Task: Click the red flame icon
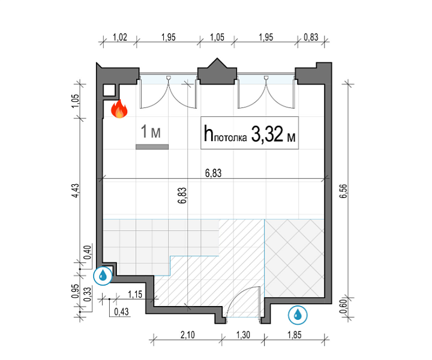click(119, 109)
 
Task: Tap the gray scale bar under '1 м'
click(152, 147)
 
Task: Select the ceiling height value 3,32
click(267, 134)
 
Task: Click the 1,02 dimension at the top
click(120, 37)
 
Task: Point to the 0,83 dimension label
click(311, 37)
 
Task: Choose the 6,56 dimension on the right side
click(344, 191)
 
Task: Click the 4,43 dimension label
click(75, 191)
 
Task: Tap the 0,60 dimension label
click(343, 306)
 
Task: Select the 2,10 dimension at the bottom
click(188, 335)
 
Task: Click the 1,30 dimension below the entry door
click(243, 335)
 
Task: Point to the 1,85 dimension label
click(295, 335)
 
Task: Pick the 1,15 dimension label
click(135, 295)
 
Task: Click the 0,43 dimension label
click(121, 311)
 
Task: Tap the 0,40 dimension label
click(88, 253)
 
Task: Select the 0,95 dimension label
click(75, 291)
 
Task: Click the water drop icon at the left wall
click(103, 275)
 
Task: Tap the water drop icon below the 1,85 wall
click(298, 314)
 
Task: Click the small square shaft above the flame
click(109, 90)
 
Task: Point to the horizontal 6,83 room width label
click(213, 173)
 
